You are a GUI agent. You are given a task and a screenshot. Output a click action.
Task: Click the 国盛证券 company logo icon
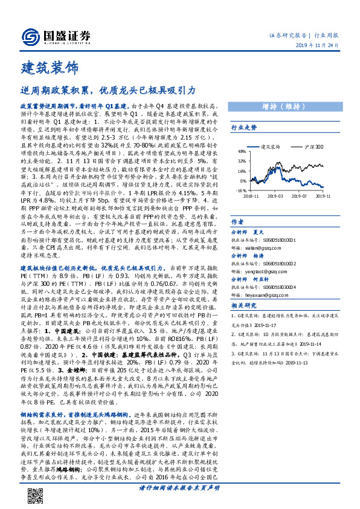coord(30,37)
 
